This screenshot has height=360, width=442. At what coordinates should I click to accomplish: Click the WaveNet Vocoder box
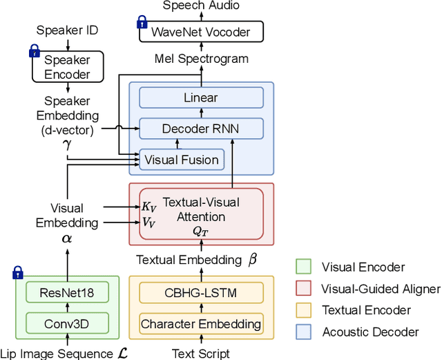[x=200, y=31]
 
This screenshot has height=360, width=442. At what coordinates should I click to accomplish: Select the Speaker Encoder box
[x=68, y=67]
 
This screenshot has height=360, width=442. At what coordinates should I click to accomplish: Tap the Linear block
[x=200, y=98]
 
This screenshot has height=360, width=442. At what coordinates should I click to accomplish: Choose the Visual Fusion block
[x=182, y=160]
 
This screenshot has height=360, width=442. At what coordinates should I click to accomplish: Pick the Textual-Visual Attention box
[x=201, y=214]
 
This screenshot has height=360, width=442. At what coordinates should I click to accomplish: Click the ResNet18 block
[x=67, y=292]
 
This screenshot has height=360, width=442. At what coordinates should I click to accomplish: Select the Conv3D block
[x=67, y=323]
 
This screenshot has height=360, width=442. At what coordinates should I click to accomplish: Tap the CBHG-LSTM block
[x=200, y=292]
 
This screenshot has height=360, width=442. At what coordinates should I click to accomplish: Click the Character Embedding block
[x=201, y=323]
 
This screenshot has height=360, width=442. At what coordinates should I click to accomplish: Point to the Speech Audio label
[x=201, y=6]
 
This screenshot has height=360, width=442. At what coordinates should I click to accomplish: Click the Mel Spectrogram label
[x=201, y=59]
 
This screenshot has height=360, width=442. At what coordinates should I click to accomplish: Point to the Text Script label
[x=200, y=353]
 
